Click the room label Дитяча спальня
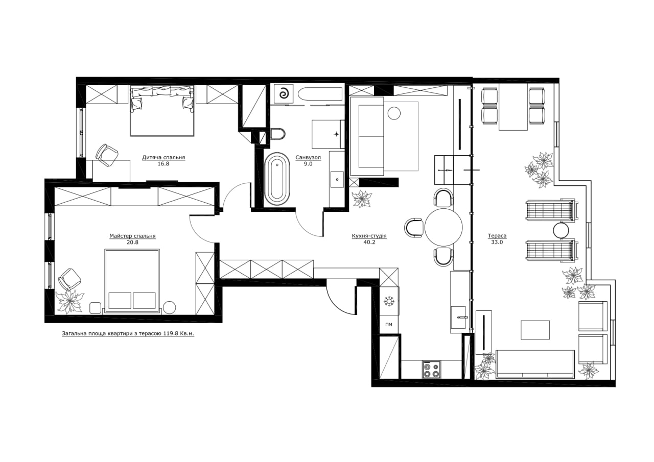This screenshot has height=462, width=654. (163, 158)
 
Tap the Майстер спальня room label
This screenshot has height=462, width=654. (132, 236)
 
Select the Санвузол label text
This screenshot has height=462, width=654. (308, 158)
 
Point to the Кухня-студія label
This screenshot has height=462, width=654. (369, 236)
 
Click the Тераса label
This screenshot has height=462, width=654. (497, 236)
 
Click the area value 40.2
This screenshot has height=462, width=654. (369, 242)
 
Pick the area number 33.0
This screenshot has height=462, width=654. (497, 242)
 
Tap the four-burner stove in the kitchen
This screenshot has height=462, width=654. (431, 370)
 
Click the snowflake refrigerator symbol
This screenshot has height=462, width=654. (389, 301)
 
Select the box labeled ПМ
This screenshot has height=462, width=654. (389, 324)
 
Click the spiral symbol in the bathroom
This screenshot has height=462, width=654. (283, 94)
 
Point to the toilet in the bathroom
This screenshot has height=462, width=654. (278, 134)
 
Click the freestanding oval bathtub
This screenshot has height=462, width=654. (277, 178)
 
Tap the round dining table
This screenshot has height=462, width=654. (443, 227)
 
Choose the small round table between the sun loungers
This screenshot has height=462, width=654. (561, 230)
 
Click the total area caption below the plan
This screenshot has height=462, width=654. (128, 334)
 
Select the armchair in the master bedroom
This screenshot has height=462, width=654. (69, 279)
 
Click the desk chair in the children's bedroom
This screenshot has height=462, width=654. (107, 155)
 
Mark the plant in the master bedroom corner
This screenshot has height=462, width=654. (69, 302)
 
